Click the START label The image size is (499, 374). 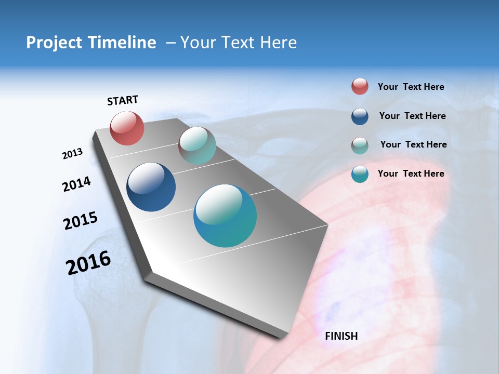(x=123, y=100)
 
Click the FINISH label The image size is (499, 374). (x=341, y=336)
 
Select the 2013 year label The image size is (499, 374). (x=72, y=154)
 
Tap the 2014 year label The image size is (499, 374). (x=76, y=184)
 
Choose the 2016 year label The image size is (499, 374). (x=88, y=263)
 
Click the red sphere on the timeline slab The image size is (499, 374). (x=127, y=128)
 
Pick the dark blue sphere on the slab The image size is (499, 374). (x=151, y=187)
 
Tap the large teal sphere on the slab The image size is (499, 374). (x=225, y=216)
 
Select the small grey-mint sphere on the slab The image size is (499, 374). (x=197, y=145)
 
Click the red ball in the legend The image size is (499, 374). (x=360, y=87)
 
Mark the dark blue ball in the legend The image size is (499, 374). (x=360, y=116)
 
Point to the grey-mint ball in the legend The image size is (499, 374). (x=360, y=145)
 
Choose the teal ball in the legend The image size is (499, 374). (x=360, y=174)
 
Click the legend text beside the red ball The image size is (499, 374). (x=411, y=87)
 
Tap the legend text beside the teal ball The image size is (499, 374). (x=411, y=173)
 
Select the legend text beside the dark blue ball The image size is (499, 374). (x=412, y=116)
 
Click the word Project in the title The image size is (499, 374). (x=54, y=43)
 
